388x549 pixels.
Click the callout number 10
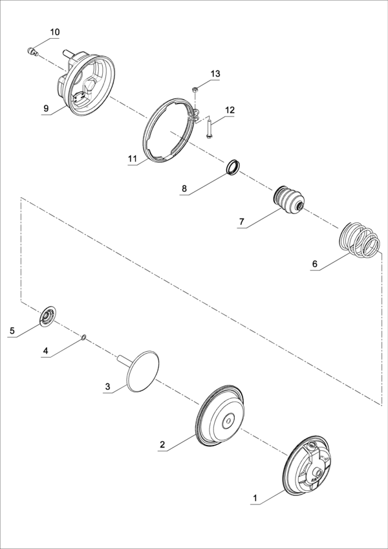[x=55, y=32]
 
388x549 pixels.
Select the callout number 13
[x=215, y=74]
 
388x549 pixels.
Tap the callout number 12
[x=230, y=110]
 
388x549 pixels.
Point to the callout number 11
[x=133, y=158]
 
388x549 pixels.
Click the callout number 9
[x=46, y=109]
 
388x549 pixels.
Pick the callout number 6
[x=314, y=264]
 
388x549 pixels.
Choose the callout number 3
[x=108, y=387]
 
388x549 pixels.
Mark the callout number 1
[x=255, y=497]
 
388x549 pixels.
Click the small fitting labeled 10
[x=32, y=52]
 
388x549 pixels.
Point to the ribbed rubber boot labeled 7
[x=289, y=200]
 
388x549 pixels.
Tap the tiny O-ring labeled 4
[x=83, y=337]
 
